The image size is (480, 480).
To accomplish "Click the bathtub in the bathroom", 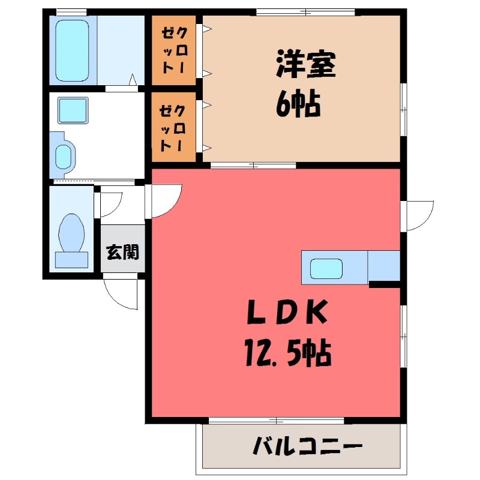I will coord(72,50).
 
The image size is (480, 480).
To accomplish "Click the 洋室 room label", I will coord(305,65).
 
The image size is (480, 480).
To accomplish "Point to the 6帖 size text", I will coord(298,105).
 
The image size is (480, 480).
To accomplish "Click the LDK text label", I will coord(287,313).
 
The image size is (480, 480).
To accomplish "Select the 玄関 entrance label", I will coord(122,252).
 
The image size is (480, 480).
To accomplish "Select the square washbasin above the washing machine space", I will coord(73,110).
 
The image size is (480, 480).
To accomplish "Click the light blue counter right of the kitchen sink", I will coord(383,265).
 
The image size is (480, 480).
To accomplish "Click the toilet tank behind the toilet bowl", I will coord(71,259).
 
